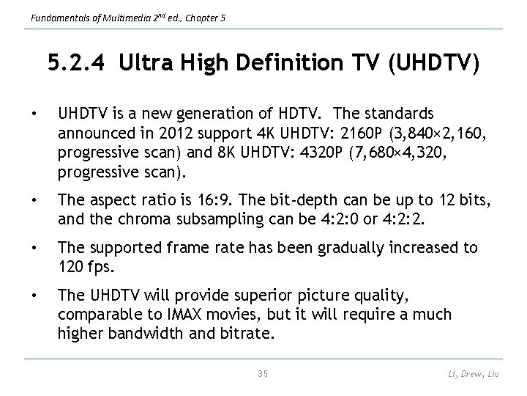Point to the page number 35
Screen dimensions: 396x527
click(x=263, y=374)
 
